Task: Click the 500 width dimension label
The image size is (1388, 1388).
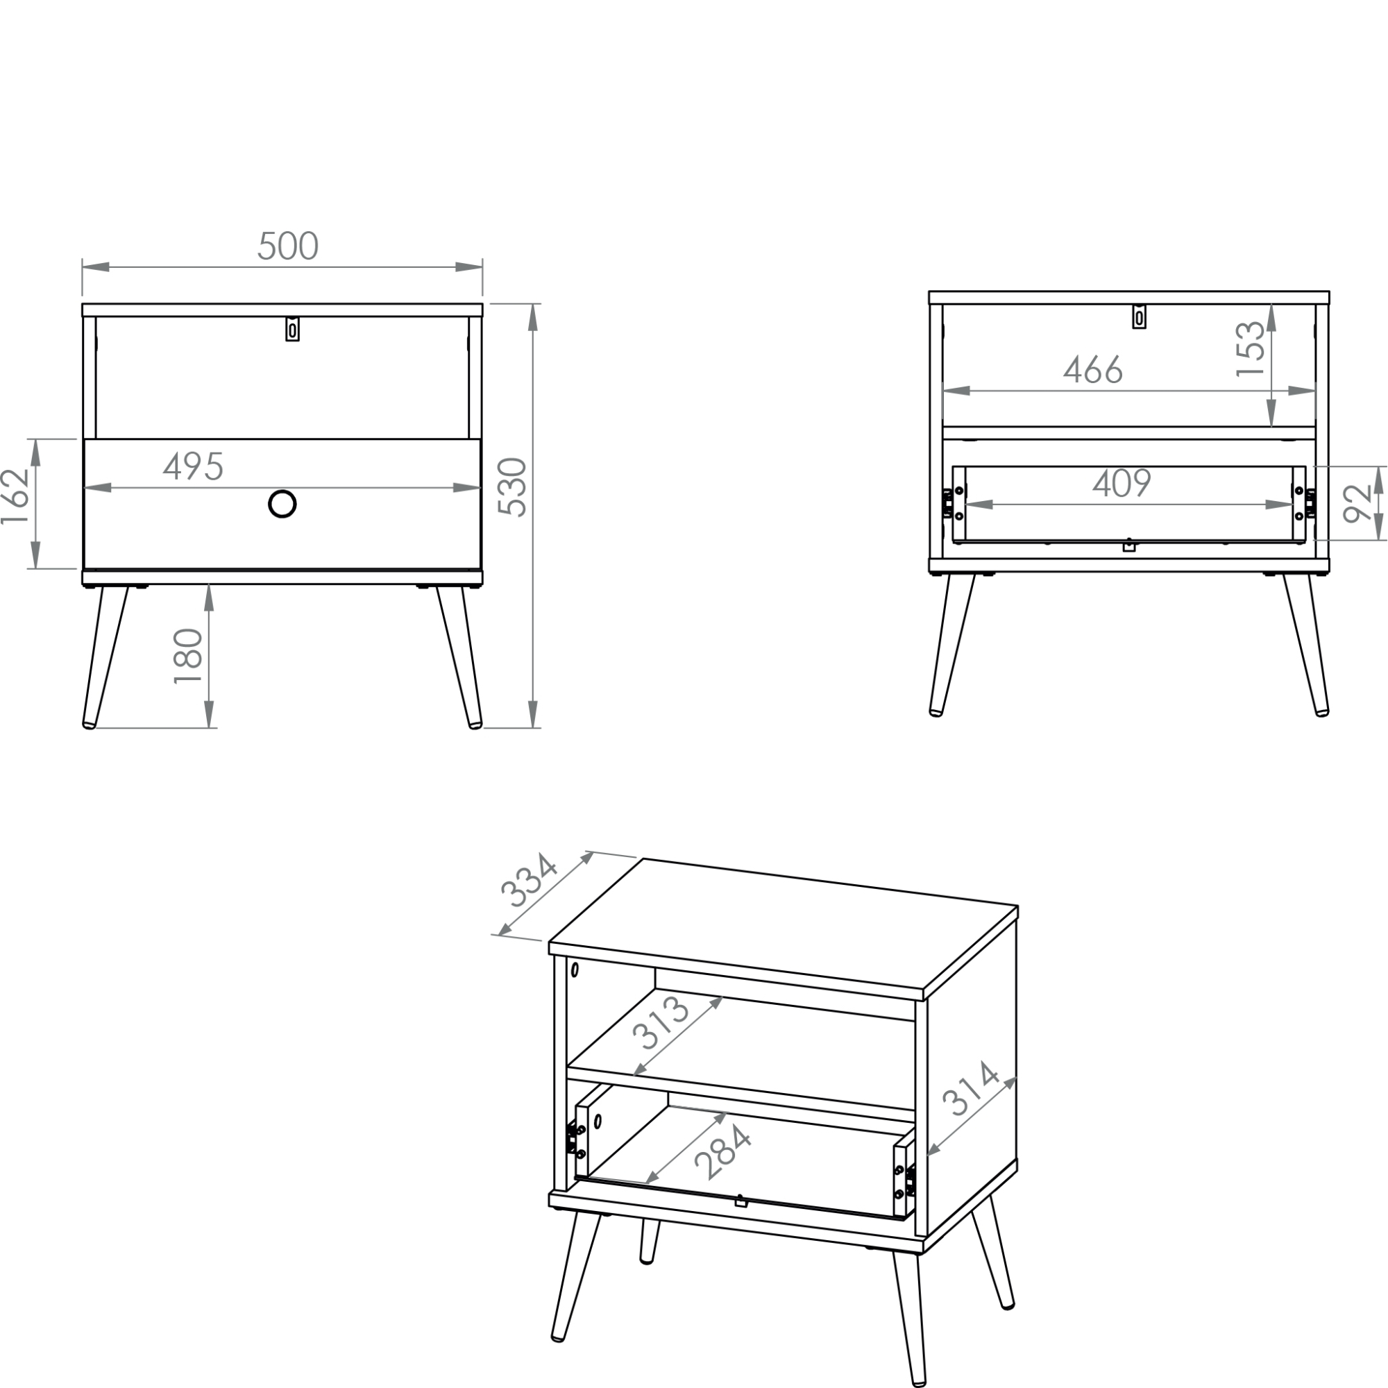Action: (288, 246)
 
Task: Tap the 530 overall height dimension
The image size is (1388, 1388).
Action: (513, 487)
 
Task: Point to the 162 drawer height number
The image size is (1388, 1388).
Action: (15, 496)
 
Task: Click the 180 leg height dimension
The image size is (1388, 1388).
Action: (188, 657)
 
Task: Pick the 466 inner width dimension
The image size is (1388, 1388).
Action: (1093, 370)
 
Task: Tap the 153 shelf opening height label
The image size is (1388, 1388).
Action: (1250, 349)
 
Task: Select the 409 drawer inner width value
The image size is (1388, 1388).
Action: (1122, 483)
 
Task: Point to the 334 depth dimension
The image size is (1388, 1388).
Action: (529, 881)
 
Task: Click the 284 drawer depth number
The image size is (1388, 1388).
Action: (723, 1151)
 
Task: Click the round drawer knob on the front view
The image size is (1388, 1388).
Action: (282, 505)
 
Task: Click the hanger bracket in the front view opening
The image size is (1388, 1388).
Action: (292, 329)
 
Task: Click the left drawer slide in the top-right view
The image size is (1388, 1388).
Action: (948, 503)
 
